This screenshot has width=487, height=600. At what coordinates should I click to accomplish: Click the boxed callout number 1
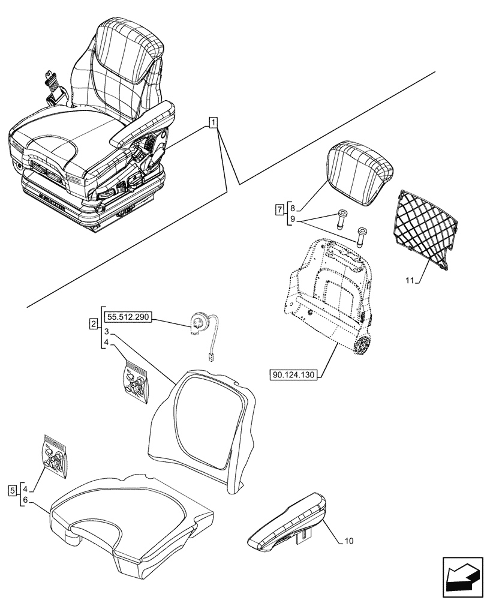tap(213, 123)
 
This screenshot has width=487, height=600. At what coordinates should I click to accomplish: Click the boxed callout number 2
tap(93, 324)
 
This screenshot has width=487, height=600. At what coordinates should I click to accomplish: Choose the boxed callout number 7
tap(278, 210)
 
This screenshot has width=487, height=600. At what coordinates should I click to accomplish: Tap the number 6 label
tap(25, 500)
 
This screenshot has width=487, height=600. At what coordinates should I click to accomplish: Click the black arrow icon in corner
tap(462, 578)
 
